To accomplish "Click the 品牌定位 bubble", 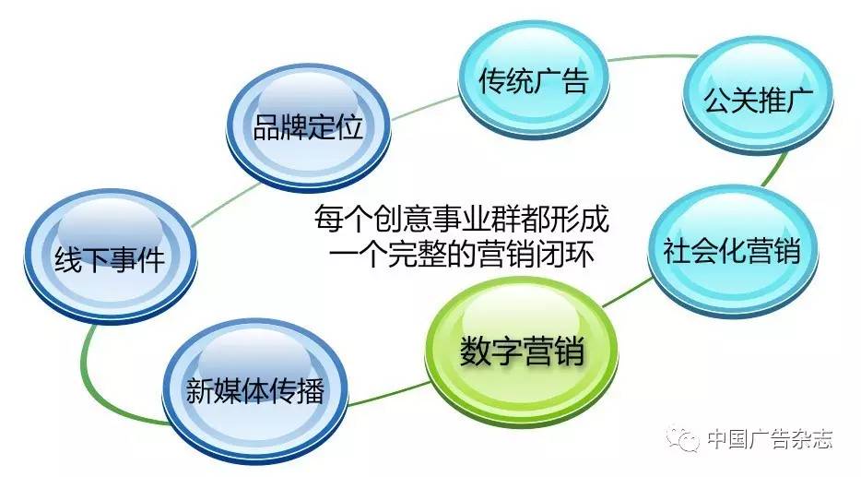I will coord(308,126).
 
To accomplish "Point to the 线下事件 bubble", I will coord(107,259).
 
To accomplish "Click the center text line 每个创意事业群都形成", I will coord(461,221).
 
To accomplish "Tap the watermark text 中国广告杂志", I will coord(769,439).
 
